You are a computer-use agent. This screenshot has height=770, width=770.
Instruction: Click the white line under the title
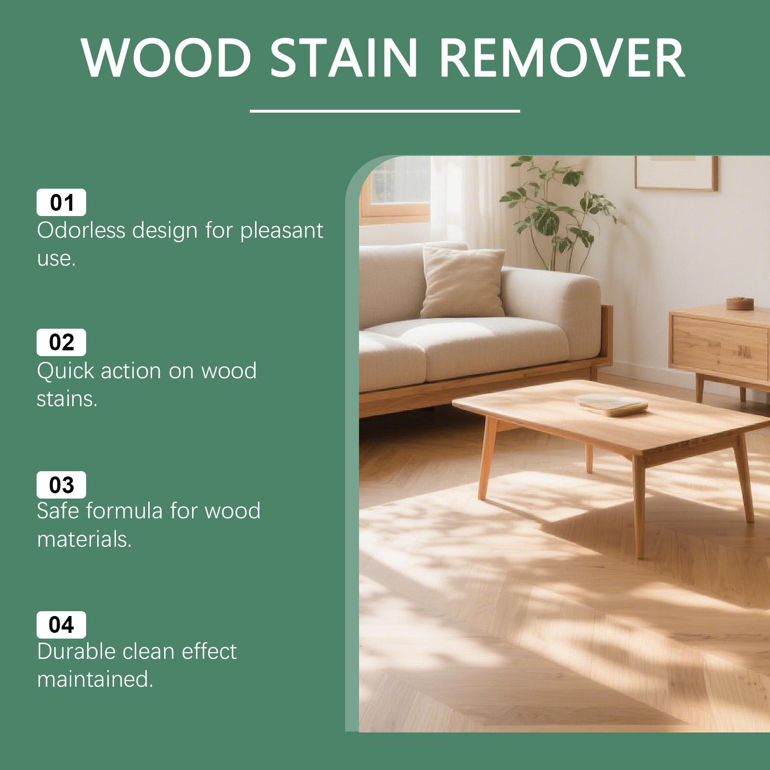(385, 111)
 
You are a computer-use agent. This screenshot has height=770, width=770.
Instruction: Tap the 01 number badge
(62, 203)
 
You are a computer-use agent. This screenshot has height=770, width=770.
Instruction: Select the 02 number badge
(62, 343)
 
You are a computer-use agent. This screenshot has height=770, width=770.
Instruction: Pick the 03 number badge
(62, 485)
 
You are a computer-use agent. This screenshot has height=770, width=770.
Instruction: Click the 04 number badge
(62, 625)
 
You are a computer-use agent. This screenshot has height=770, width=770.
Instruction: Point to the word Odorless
(81, 231)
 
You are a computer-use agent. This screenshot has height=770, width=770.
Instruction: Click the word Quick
(65, 372)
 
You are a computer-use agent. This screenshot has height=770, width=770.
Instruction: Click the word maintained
(95, 680)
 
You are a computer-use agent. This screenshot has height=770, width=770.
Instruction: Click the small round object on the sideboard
(740, 303)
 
